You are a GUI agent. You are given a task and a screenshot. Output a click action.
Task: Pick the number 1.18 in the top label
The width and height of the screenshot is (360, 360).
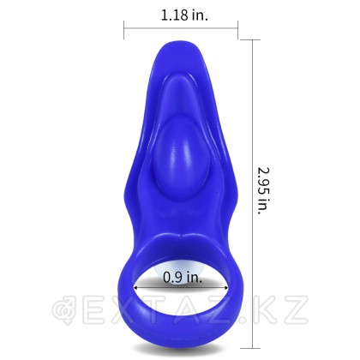point(170,15)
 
